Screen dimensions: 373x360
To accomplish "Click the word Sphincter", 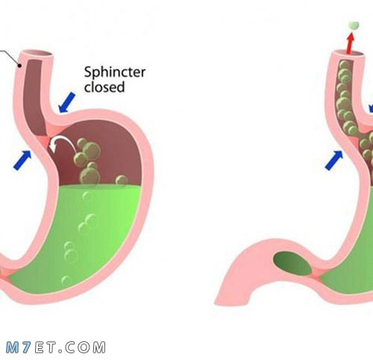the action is [x=115, y=72].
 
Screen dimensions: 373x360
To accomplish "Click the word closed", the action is [x=104, y=87].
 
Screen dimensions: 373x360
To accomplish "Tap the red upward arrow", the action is [x=351, y=43].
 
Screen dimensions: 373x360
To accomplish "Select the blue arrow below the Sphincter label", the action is [x=66, y=102].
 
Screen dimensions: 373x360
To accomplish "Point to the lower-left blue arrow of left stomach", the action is [x=22, y=160].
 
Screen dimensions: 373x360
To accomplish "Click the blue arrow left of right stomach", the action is [x=334, y=160].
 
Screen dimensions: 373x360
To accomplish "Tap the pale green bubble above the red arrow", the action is [x=354, y=25].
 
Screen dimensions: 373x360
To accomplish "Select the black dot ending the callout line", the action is [x=19, y=66].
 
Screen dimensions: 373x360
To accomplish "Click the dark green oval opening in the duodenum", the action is [x=292, y=264].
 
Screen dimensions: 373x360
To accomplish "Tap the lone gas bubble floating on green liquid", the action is [x=122, y=180].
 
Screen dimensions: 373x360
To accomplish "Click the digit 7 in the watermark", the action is [x=26, y=347].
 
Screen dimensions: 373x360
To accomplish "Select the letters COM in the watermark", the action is [x=85, y=347].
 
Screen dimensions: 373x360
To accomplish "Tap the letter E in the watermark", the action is [x=40, y=347].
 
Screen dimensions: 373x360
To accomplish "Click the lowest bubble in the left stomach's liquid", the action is [x=66, y=282].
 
